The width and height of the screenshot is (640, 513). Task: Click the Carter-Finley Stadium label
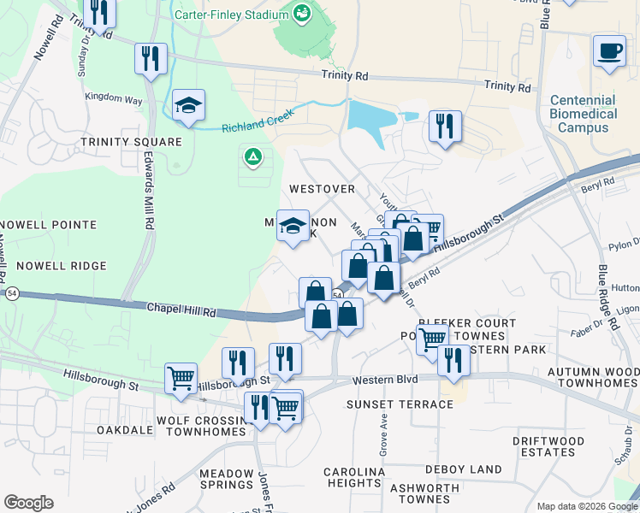[231, 15]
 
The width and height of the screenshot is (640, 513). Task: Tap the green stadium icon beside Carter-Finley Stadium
[301, 13]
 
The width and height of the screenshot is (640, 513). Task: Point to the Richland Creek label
[257, 121]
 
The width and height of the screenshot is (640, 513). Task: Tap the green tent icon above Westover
[252, 156]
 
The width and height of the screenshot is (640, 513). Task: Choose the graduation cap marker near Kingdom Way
[188, 107]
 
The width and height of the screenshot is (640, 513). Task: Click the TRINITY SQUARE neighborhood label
[131, 142]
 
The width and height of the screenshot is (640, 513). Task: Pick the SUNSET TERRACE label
[400, 404]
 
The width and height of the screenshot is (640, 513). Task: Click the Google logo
[28, 503]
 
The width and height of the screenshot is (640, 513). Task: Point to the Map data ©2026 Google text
[586, 505]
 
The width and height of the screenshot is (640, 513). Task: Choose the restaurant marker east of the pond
[444, 127]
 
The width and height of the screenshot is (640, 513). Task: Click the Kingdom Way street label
[113, 100]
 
